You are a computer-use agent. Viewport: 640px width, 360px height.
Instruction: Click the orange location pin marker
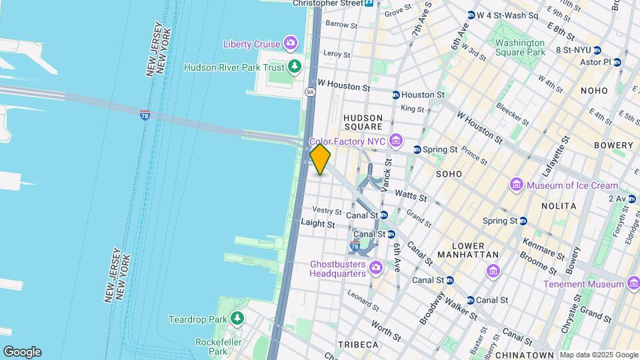320,159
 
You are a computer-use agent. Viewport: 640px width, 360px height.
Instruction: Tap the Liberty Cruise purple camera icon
291,44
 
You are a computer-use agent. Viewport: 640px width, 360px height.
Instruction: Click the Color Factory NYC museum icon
397,141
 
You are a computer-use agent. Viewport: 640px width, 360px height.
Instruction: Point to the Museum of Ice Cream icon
515,185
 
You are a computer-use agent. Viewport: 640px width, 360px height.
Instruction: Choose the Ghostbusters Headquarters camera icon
376,268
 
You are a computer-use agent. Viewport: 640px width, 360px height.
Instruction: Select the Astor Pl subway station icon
617,62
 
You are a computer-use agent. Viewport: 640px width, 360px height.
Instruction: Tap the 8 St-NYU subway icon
597,50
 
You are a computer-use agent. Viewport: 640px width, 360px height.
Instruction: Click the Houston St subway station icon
396,95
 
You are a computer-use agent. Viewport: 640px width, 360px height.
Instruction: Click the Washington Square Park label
520,47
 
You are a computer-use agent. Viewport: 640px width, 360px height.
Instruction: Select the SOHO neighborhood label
449,173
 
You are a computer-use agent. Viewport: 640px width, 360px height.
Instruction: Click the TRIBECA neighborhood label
358,345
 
